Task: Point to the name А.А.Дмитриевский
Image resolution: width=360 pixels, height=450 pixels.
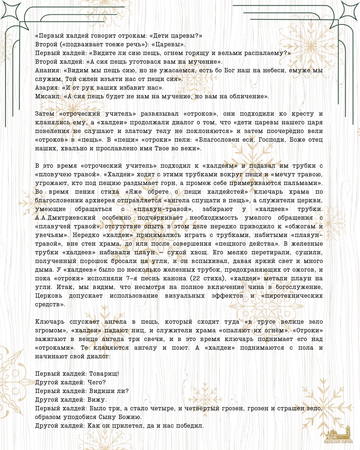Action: [65, 218]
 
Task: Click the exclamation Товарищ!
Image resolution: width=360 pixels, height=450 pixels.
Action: [104, 374]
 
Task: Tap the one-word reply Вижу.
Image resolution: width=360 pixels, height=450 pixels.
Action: [97, 400]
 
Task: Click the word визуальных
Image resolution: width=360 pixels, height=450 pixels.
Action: [185, 296]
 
